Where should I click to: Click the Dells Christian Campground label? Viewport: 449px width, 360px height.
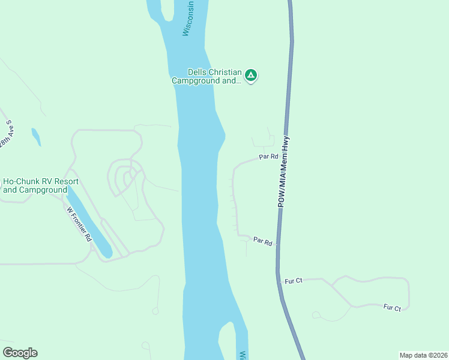(206, 76)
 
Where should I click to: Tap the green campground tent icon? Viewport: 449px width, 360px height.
(251, 76)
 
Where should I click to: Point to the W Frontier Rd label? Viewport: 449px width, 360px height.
(79, 224)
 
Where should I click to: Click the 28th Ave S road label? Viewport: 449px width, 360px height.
(7, 137)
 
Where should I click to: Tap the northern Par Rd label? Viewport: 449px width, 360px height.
(268, 157)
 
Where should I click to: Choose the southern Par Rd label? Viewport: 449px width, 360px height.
(263, 241)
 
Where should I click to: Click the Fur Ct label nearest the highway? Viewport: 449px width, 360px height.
(294, 281)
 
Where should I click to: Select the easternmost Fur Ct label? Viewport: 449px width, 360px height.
(392, 308)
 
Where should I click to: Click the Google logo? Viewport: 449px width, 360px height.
(20, 353)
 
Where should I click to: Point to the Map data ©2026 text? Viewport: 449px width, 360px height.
(423, 355)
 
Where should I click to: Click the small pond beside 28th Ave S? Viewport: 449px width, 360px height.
(37, 137)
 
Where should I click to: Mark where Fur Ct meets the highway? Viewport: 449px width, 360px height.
(279, 280)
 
